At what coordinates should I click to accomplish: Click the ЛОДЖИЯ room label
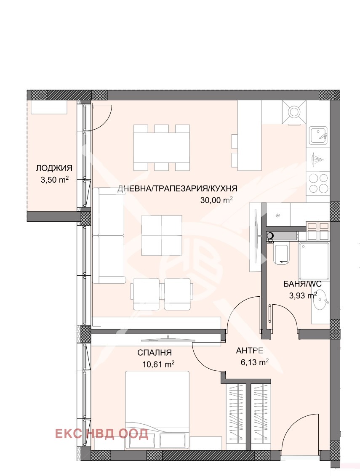pyautogui.click(x=54, y=168)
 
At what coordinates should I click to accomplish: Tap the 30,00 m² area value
pyautogui.click(x=216, y=200)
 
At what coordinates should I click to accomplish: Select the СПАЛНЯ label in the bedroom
pyautogui.click(x=155, y=352)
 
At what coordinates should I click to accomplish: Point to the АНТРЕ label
pyautogui.click(x=250, y=351)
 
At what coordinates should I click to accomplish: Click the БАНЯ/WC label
pyautogui.click(x=302, y=284)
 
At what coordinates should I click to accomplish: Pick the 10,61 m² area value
pyautogui.click(x=158, y=364)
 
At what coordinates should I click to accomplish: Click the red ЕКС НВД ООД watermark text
pyautogui.click(x=102, y=433)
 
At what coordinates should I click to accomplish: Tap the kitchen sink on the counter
pyautogui.click(x=318, y=135)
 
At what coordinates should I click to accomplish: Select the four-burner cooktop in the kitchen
pyautogui.click(x=318, y=183)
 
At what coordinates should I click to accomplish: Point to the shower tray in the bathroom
pyautogui.click(x=314, y=261)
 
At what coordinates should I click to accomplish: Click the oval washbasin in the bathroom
pyautogui.click(x=321, y=300)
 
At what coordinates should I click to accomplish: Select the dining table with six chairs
pyautogui.click(x=162, y=148)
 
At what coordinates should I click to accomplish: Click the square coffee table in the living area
pyautogui.click(x=162, y=235)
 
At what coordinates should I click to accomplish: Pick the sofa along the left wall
pyautogui.click(x=109, y=235)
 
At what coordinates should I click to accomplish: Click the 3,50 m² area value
pyautogui.click(x=55, y=179)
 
